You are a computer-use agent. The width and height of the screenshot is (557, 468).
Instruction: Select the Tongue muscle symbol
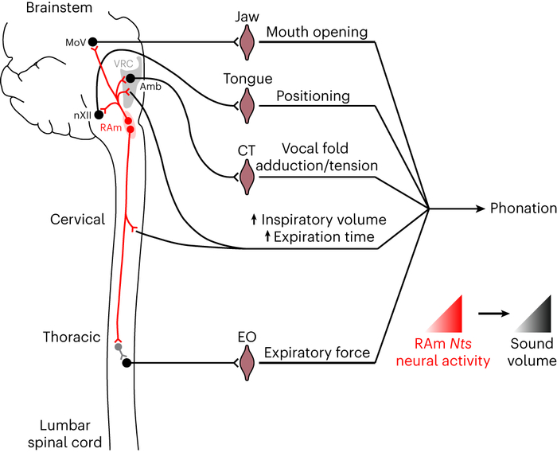(x=247, y=103)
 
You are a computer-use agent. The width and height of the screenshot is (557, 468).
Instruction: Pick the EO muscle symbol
(x=247, y=363)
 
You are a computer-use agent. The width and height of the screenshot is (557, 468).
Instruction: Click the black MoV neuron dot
(x=92, y=41)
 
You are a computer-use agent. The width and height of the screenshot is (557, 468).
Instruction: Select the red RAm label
(x=110, y=127)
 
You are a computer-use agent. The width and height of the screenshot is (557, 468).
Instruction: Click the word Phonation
(x=523, y=209)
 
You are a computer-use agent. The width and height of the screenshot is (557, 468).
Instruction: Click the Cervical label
(x=78, y=219)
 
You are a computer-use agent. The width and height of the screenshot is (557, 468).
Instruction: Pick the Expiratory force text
(x=316, y=353)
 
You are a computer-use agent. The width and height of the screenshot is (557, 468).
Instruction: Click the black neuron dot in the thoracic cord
(x=127, y=363)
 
